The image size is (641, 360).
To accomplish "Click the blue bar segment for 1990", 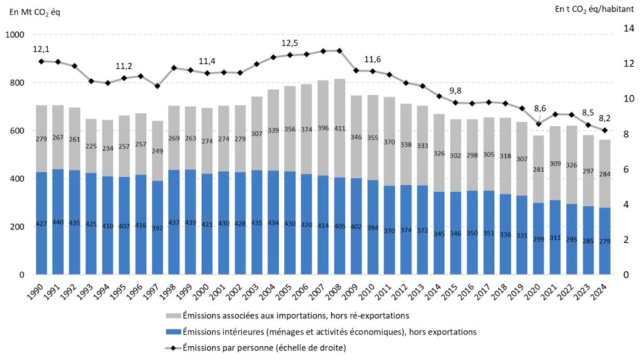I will coord(41,223).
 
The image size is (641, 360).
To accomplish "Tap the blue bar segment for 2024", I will coord(605,241).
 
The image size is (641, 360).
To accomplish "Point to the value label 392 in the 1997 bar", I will coord(158,229).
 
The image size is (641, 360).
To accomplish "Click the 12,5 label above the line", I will coord(290,43).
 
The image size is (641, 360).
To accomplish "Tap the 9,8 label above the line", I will coord(456,90).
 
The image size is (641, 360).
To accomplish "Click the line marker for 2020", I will coord(538,124).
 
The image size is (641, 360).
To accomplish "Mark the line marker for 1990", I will coord(41,61).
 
